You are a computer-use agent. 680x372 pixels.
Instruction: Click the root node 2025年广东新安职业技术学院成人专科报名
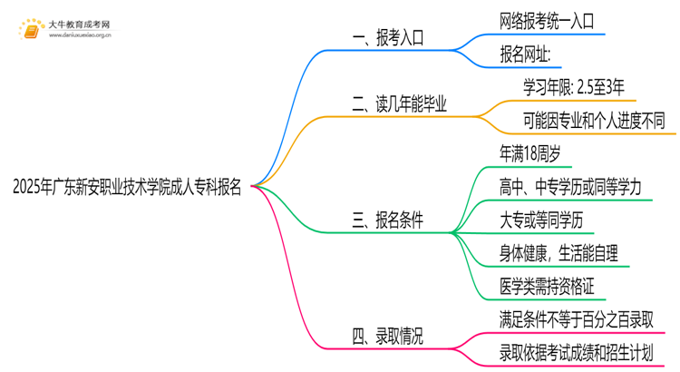[x=128, y=188]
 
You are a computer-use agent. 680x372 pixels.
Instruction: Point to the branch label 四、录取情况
[x=386, y=336]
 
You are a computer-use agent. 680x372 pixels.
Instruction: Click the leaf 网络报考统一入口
[x=547, y=22]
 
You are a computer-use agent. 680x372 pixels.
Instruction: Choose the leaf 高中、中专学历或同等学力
[x=570, y=187]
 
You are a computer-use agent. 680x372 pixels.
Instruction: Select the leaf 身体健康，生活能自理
[x=563, y=252]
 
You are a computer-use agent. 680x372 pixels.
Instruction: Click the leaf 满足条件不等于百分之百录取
[x=576, y=318]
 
